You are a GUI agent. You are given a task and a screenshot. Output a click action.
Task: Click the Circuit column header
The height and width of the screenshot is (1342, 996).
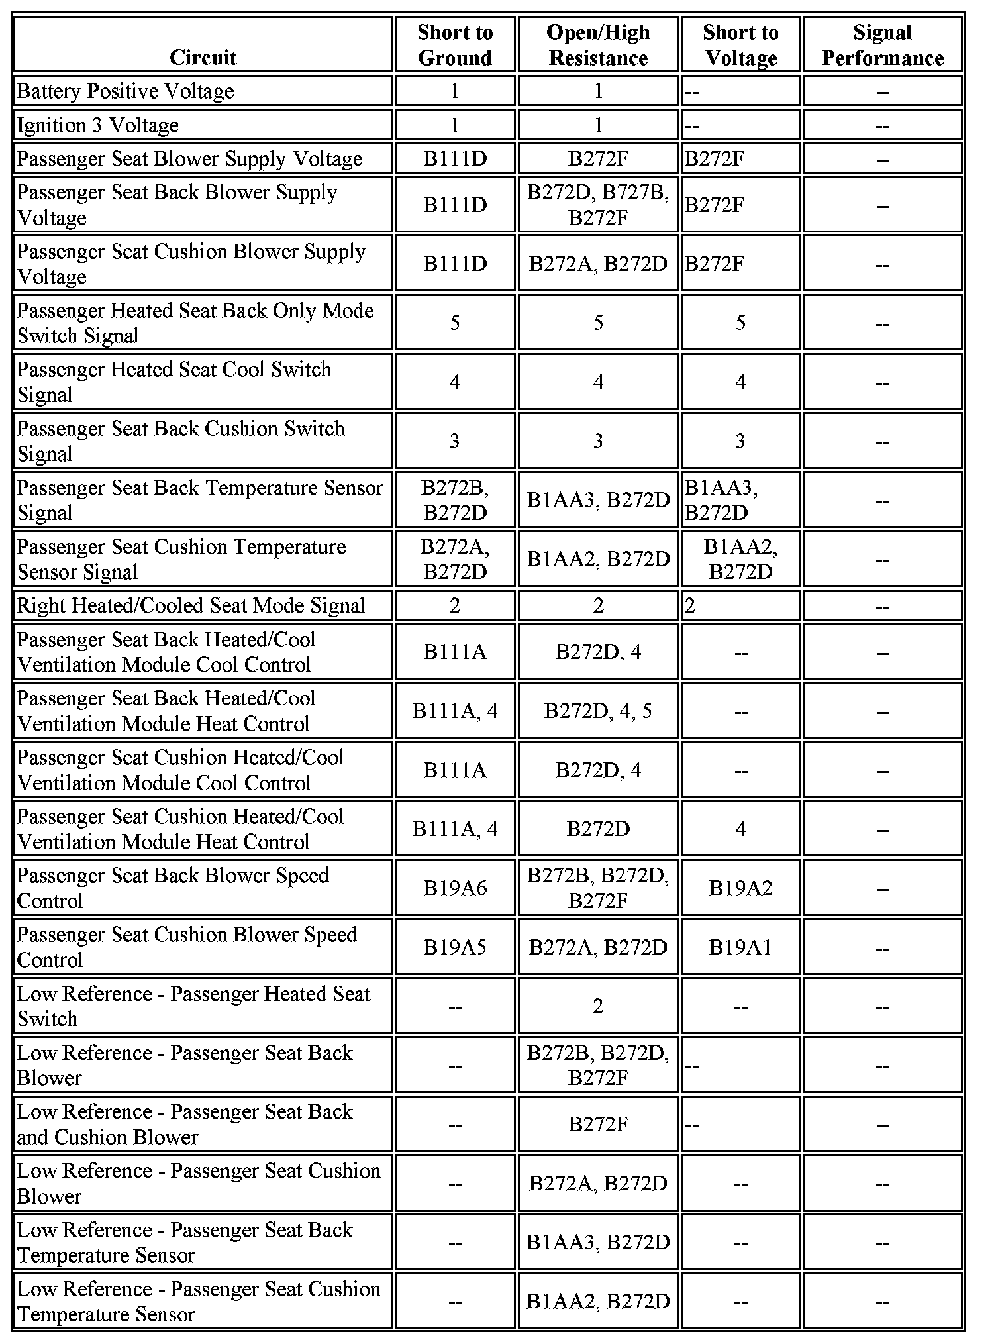click(x=203, y=57)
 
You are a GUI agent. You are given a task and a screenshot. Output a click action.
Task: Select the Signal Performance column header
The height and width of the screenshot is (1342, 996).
click(x=882, y=44)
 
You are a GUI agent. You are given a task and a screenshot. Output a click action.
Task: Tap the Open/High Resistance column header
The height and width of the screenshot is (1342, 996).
click(x=598, y=44)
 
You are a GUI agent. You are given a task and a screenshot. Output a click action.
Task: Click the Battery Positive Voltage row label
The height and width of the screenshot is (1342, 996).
click(x=125, y=91)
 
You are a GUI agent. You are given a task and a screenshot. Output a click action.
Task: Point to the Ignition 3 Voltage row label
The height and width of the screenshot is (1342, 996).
click(x=97, y=125)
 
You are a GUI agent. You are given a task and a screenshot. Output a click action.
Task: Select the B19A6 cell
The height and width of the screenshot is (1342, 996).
click(x=455, y=888)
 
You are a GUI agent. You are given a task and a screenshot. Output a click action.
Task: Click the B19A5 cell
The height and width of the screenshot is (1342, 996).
click(x=455, y=947)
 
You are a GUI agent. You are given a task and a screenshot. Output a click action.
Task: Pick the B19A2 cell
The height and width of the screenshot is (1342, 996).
click(x=740, y=888)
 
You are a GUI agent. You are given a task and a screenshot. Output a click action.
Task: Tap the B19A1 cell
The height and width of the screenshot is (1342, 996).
click(x=740, y=947)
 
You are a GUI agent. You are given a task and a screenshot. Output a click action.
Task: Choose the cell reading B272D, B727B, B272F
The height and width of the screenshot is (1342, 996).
click(x=598, y=205)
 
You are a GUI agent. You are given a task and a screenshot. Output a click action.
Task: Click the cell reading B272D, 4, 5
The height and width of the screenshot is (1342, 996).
click(x=598, y=711)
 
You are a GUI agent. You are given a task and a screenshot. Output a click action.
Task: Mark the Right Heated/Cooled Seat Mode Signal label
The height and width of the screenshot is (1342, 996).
click(x=191, y=605)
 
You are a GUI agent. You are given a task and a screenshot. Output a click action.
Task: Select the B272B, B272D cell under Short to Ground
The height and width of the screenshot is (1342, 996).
click(x=455, y=500)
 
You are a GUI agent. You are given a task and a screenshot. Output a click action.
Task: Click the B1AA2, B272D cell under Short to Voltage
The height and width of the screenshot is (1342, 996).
click(x=740, y=559)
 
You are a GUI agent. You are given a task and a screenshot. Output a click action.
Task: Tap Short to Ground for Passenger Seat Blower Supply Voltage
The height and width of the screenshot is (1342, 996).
click(x=455, y=159)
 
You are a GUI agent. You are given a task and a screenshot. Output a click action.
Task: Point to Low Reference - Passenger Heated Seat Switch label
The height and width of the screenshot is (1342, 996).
click(x=193, y=1006)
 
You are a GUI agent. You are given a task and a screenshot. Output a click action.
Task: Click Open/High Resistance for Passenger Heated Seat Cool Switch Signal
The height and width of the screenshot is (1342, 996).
click(x=598, y=382)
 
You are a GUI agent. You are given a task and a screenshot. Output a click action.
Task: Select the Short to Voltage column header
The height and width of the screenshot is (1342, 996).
click(x=740, y=44)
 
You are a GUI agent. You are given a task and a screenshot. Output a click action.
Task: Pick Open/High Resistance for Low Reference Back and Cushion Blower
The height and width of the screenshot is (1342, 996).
click(x=598, y=1124)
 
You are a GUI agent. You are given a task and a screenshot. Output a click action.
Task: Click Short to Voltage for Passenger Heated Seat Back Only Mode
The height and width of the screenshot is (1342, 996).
click(x=740, y=323)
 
